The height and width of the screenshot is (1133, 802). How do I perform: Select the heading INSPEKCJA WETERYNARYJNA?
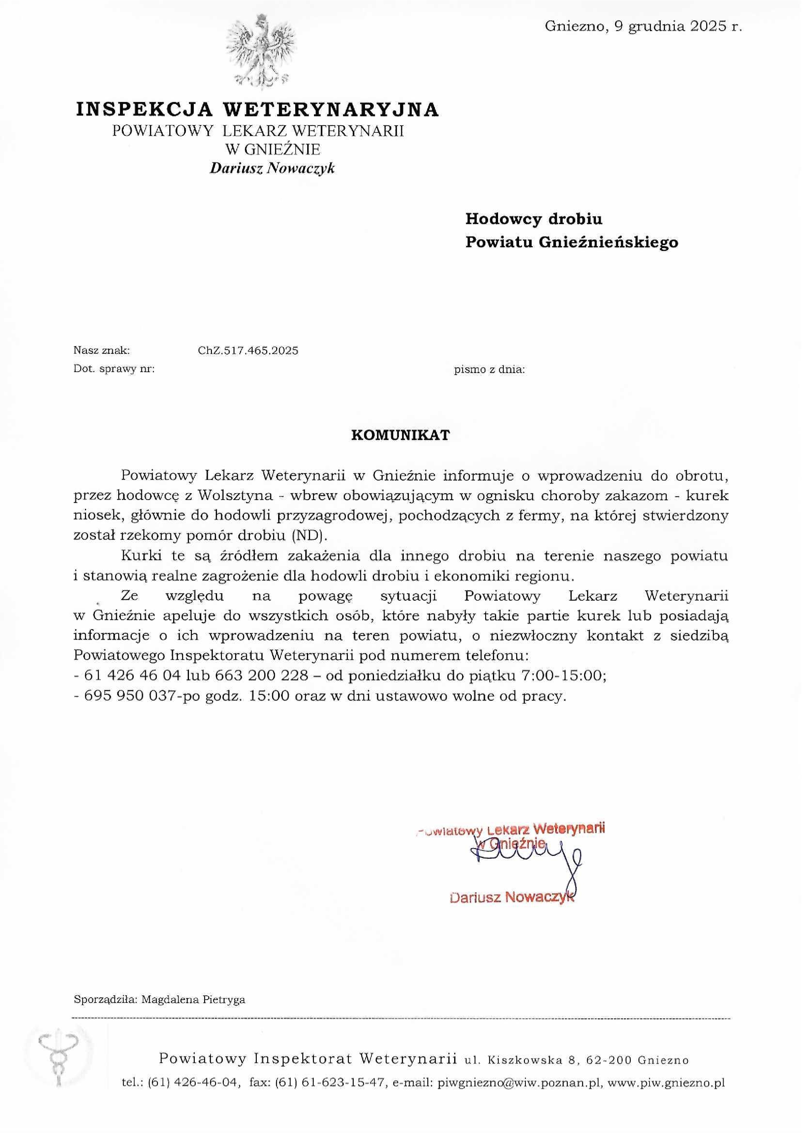pos(257,109)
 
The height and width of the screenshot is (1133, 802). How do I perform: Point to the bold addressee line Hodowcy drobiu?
pos(533,219)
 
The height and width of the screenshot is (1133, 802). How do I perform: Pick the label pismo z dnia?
pos(489,369)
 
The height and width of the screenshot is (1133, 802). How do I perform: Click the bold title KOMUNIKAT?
pos(401,435)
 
